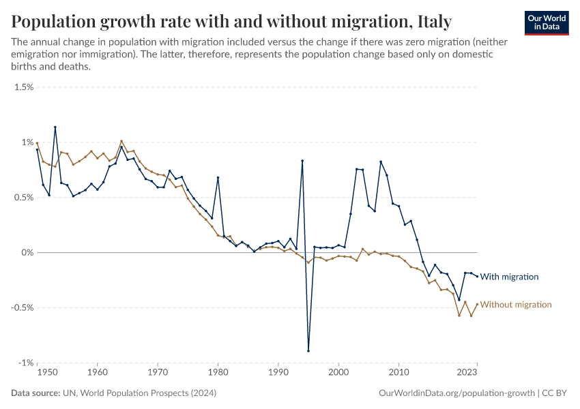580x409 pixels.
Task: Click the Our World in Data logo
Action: pos(547,22)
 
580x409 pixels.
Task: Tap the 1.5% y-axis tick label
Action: pos(24,87)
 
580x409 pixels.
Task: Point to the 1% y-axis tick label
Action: pos(27,142)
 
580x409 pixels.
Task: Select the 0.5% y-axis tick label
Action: pos(24,198)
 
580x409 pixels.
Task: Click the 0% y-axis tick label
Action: pos(27,253)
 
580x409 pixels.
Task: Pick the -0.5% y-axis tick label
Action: pos(23,307)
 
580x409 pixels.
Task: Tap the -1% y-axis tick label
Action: pos(25,363)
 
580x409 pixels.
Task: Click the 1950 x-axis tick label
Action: pos(47,373)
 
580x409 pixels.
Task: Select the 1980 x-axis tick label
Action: pos(218,373)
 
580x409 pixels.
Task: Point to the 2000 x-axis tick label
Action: pos(338,373)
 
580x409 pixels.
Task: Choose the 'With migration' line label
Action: pos(509,277)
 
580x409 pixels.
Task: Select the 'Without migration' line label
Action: pos(515,305)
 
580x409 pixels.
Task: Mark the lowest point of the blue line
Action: pos(308,351)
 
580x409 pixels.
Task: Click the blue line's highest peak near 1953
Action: pos(55,127)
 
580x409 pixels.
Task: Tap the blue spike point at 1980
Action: pos(218,177)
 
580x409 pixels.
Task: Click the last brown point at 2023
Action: pos(477,304)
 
